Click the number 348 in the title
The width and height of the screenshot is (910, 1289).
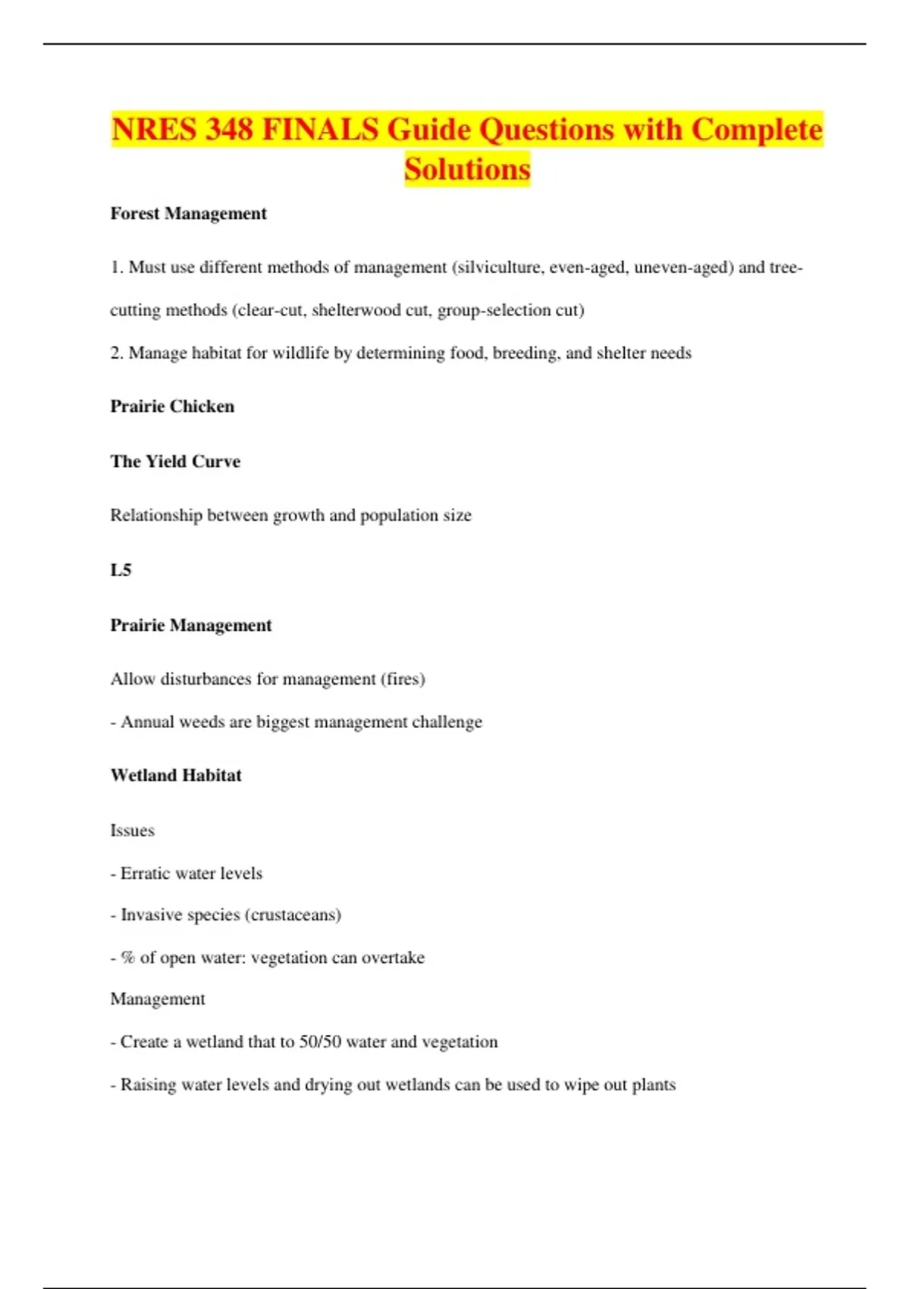228,130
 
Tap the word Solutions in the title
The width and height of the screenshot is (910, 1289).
467,169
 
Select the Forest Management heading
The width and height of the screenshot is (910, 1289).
188,214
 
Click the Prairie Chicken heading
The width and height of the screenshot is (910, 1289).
172,406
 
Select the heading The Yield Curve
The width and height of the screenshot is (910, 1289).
175,462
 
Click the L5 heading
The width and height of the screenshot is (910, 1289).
121,570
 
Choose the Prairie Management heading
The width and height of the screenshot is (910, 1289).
190,626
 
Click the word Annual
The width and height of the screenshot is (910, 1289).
147,722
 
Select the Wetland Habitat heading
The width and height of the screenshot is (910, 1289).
176,776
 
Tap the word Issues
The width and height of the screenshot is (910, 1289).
132,831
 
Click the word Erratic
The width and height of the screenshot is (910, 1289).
145,873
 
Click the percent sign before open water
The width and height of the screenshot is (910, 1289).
127,958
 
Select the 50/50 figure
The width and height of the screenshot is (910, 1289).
320,1042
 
